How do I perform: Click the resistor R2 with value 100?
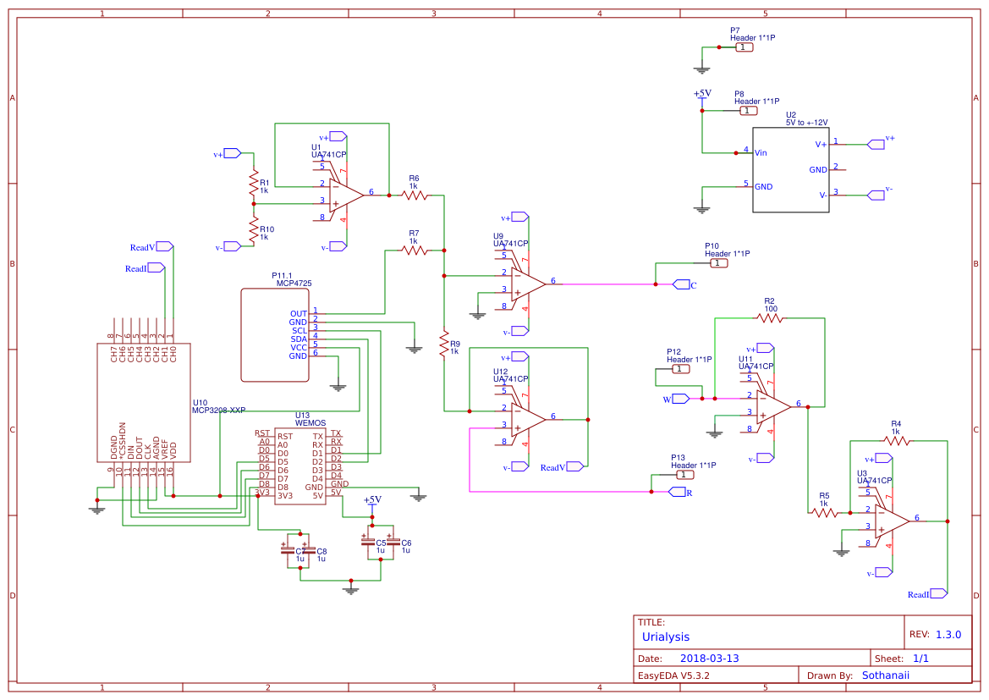click(770, 318)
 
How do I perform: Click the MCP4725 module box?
click(276, 335)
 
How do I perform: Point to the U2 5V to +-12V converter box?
click(790, 169)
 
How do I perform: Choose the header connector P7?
click(743, 47)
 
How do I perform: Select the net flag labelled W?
click(681, 398)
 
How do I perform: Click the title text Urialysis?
click(666, 637)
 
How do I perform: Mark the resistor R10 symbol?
click(252, 227)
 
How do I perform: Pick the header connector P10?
click(717, 263)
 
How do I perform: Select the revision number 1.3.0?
click(948, 635)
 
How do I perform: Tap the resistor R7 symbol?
click(414, 250)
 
